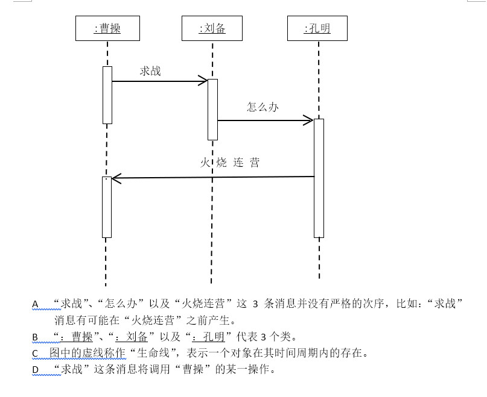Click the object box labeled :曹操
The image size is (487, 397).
tap(107, 28)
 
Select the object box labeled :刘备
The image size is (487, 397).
tap(212, 28)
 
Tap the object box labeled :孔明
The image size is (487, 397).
tap(317, 28)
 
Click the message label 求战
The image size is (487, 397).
tap(150, 71)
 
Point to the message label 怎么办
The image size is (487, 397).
tap(263, 107)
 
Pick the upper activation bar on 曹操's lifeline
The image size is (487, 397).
tap(107, 95)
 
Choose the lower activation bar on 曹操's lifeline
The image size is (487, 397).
tap(107, 207)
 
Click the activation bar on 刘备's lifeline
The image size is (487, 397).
tap(212, 109)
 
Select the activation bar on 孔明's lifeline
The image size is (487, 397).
tap(319, 178)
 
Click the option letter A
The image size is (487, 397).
tap(35, 305)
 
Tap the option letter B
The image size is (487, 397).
tap(35, 337)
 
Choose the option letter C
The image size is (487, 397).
tap(35, 353)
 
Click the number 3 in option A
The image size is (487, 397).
tap(255, 304)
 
